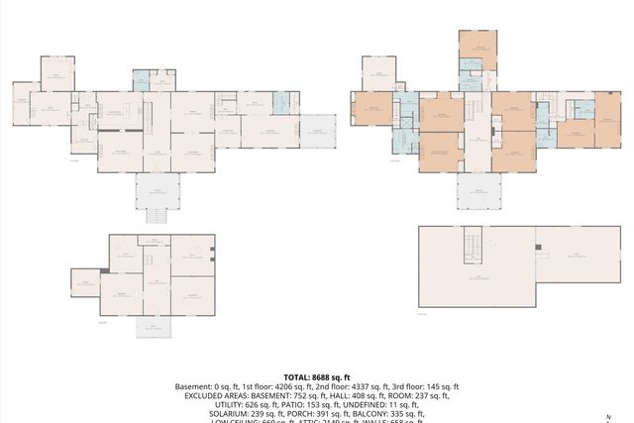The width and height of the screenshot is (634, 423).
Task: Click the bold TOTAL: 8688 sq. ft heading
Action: point(317,377)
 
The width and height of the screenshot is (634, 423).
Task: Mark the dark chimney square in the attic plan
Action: point(536,247)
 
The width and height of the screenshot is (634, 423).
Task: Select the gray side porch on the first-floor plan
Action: point(318,130)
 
